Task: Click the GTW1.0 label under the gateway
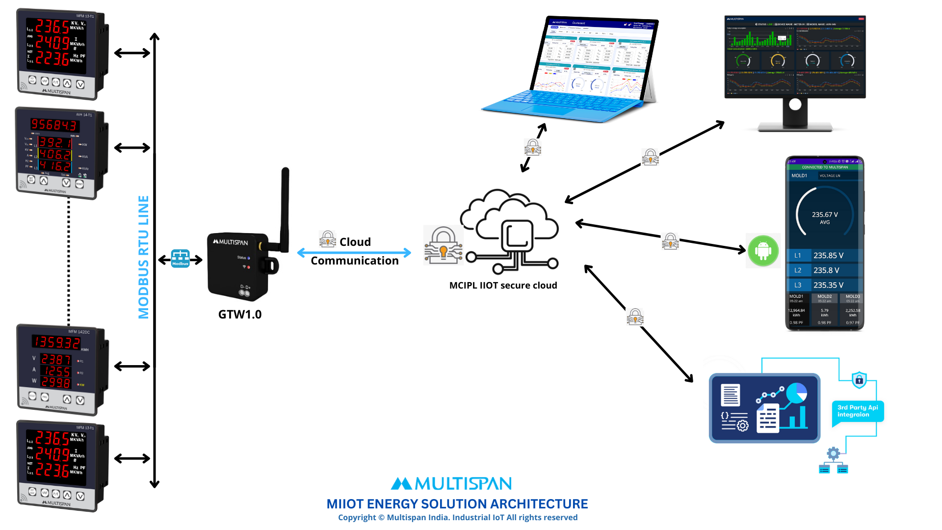pos(240,314)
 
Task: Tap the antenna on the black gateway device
pos(285,206)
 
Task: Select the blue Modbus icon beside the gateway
pos(180,259)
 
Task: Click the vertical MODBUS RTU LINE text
pos(143,257)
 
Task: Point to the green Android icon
pos(763,251)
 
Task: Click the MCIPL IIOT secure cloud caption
pos(503,285)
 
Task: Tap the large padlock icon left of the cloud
pos(443,245)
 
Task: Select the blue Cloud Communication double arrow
pos(354,253)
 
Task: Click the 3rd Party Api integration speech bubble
pos(858,411)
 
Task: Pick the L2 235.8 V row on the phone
pos(824,270)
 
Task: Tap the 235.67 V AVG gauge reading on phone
pos(825,217)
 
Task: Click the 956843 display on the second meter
pos(54,125)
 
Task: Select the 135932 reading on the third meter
pos(56,342)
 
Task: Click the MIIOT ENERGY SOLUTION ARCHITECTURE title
pos(457,504)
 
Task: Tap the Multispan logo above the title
pos(451,484)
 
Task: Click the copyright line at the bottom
pos(457,517)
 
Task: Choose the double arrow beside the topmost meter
pos(132,53)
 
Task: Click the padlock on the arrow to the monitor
pos(650,157)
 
